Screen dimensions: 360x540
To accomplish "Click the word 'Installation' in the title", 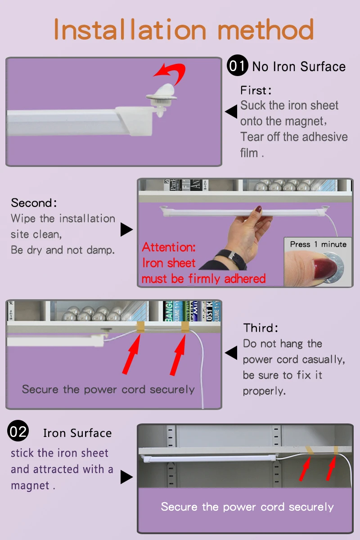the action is (130, 29).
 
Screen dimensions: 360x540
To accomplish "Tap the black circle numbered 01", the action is (237, 65).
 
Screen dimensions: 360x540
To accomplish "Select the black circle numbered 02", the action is (18, 431).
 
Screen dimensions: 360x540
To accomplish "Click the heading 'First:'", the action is (256, 90).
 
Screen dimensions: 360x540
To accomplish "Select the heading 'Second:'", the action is (34, 203).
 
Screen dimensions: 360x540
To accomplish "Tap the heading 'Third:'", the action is (261, 328).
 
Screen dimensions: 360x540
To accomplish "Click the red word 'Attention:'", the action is (169, 247).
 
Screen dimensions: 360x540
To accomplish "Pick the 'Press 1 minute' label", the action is (318, 244).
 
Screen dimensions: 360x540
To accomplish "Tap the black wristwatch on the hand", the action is (231, 258).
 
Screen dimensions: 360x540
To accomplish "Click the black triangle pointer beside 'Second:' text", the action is (126, 229).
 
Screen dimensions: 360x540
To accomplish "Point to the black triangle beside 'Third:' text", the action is (231, 353).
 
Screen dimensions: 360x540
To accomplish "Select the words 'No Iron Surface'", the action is (299, 67).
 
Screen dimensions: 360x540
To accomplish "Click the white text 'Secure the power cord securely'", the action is (247, 507).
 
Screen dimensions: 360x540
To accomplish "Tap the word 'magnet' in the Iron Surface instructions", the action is (30, 485).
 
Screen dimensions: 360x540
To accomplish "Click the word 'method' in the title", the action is (265, 29).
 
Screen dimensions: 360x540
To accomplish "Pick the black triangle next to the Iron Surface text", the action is (126, 477).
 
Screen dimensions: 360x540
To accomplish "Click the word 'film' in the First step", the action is (249, 153).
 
